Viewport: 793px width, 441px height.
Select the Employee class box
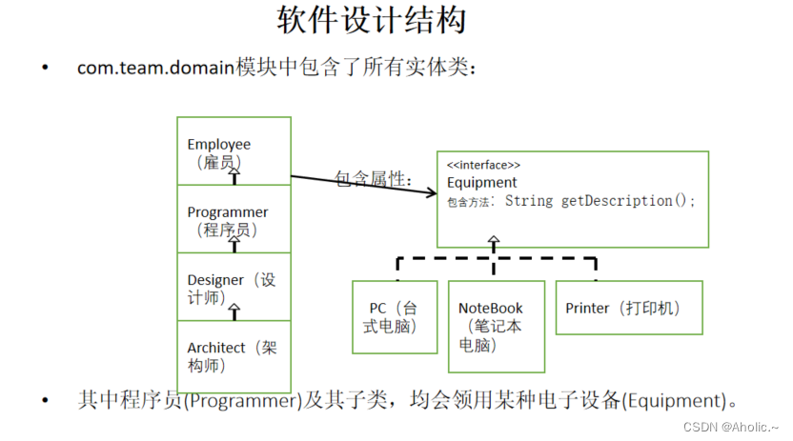tap(234, 152)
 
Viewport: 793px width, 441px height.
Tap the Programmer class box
tap(234, 220)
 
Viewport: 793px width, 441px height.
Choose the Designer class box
tap(234, 288)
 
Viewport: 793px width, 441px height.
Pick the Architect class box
tap(234, 355)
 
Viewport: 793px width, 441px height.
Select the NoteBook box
tap(496, 326)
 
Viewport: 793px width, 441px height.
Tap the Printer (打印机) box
tap(628, 308)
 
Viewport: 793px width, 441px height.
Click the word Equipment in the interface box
tap(481, 183)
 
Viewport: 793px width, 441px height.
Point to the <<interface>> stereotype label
tap(483, 165)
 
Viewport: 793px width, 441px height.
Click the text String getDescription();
tap(600, 201)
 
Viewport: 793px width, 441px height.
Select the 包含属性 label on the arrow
tap(373, 178)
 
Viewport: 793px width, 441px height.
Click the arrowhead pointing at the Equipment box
tap(430, 193)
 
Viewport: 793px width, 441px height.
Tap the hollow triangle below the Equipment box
tap(493, 241)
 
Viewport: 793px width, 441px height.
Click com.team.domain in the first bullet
tap(156, 69)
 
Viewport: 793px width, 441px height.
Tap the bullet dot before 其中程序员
tap(45, 400)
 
